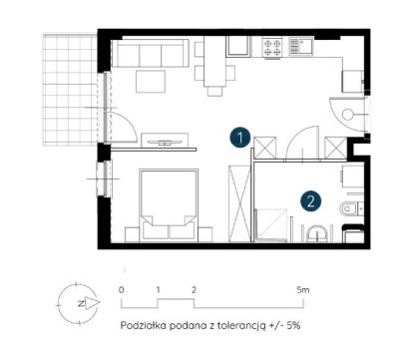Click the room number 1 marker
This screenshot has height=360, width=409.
(240, 138)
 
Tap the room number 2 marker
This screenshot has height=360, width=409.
(311, 201)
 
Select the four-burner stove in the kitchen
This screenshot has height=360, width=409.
(272, 47)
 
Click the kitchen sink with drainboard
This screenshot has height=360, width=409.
(301, 46)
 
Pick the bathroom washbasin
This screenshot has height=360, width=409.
(317, 233)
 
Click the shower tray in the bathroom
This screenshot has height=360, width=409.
(271, 224)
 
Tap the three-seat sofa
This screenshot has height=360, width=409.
(151, 53)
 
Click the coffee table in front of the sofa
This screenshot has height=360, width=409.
(151, 81)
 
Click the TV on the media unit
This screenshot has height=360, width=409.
(165, 142)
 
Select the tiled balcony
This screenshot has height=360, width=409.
(70, 89)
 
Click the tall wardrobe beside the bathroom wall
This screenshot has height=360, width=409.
(239, 203)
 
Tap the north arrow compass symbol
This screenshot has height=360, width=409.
(79, 303)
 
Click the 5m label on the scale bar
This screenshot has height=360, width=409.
(303, 290)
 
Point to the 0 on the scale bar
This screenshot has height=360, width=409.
(122, 290)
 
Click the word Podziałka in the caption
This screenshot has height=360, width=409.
(144, 325)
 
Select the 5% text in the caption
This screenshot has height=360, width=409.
(293, 325)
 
